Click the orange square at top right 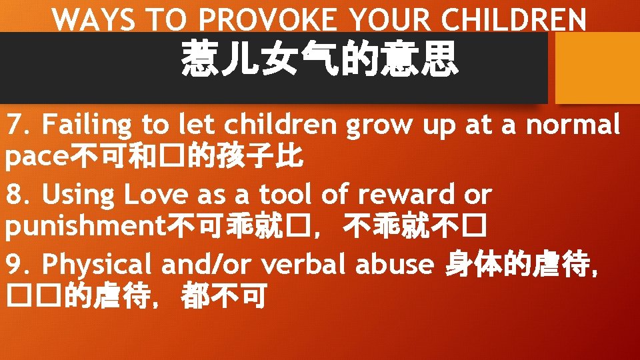point(597,67)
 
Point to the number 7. point(17,125)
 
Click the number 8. point(17,195)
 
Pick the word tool point(294,195)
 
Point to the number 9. point(17,265)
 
